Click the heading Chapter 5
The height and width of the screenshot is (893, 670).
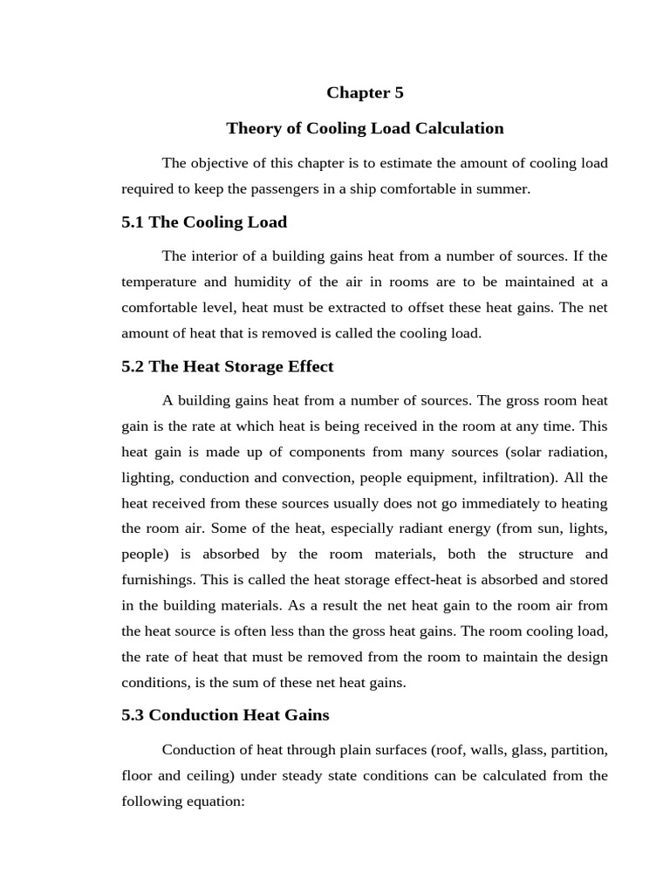(x=365, y=92)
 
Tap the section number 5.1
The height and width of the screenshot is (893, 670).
(x=133, y=222)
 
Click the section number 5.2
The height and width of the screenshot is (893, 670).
(x=133, y=366)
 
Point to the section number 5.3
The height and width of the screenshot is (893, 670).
(x=133, y=715)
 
